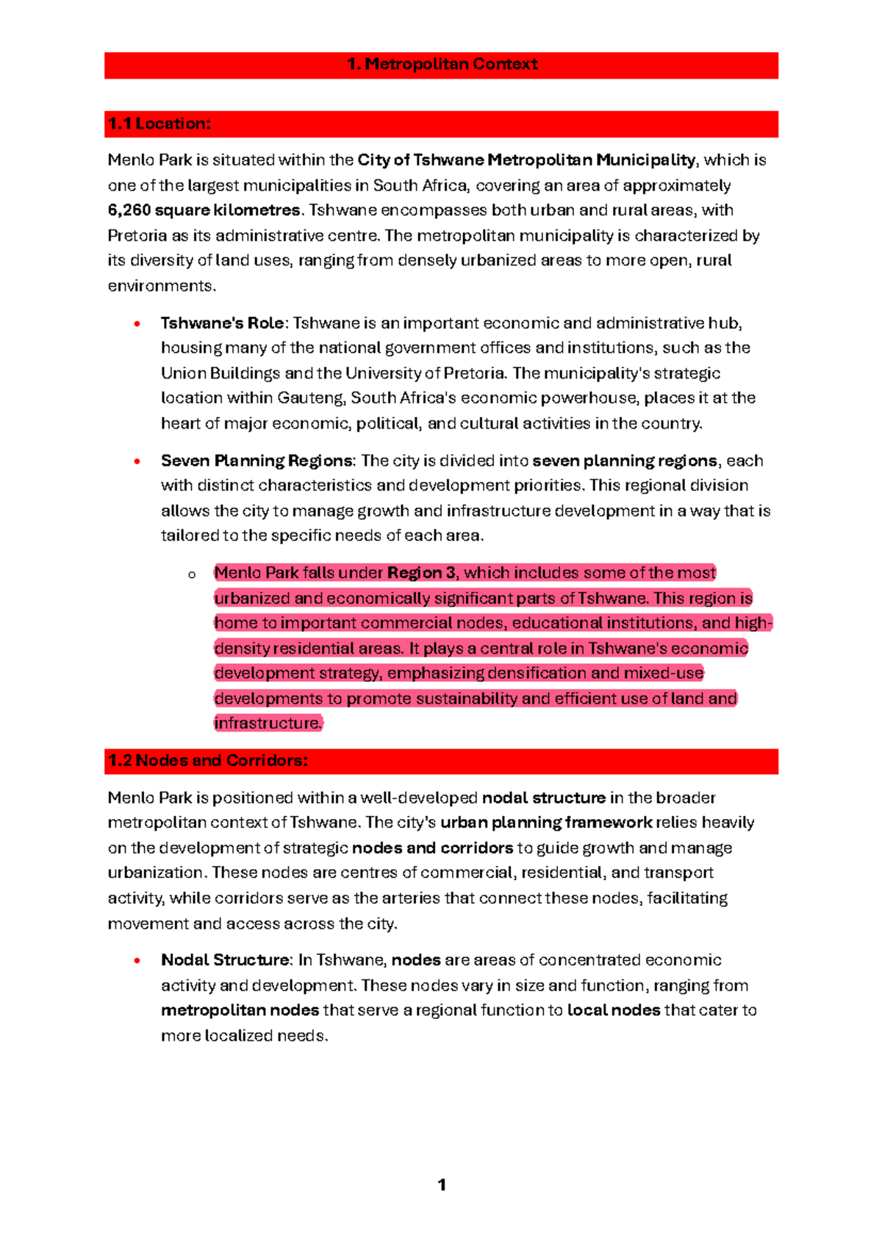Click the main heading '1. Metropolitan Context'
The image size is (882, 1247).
(x=442, y=65)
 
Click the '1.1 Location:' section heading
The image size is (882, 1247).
(x=159, y=124)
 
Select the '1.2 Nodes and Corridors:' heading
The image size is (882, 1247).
(x=208, y=761)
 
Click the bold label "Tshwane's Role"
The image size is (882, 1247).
(x=222, y=324)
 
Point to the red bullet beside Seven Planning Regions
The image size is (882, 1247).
(x=137, y=462)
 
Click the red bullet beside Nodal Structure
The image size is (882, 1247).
(x=137, y=961)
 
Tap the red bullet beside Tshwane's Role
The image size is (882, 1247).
(x=137, y=324)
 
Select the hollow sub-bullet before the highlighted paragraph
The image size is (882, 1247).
(x=192, y=574)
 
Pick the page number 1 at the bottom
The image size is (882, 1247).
(x=442, y=1185)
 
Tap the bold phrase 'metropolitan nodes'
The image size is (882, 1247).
(x=240, y=1011)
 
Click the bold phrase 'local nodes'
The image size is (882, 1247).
(x=614, y=1011)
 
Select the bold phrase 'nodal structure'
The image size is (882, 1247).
(x=543, y=798)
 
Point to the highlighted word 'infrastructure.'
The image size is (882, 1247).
(x=268, y=723)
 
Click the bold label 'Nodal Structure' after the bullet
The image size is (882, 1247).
(x=226, y=960)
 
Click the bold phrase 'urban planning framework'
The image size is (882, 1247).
(x=545, y=823)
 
